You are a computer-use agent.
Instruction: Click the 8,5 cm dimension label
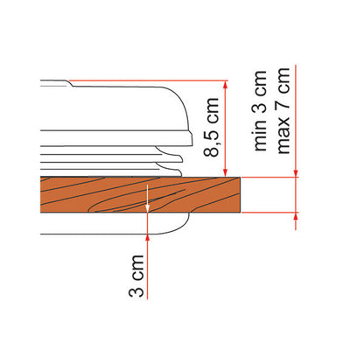(x=211, y=128)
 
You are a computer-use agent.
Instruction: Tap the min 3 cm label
(x=259, y=110)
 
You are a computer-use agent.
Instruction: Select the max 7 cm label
(x=283, y=110)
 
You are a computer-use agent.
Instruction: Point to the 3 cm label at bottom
(x=136, y=276)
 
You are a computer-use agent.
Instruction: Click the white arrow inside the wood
(x=148, y=199)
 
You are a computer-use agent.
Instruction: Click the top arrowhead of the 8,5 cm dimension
(x=225, y=85)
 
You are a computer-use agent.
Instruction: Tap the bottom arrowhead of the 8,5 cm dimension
(x=225, y=172)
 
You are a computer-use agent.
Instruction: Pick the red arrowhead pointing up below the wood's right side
(x=296, y=216)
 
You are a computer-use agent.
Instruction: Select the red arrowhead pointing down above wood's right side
(x=296, y=173)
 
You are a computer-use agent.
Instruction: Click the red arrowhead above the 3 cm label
(x=148, y=238)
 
